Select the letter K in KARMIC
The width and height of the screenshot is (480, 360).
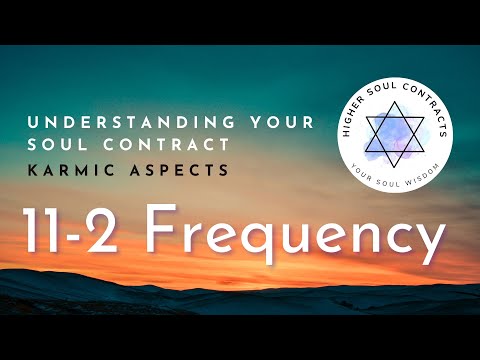tap(30, 172)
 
